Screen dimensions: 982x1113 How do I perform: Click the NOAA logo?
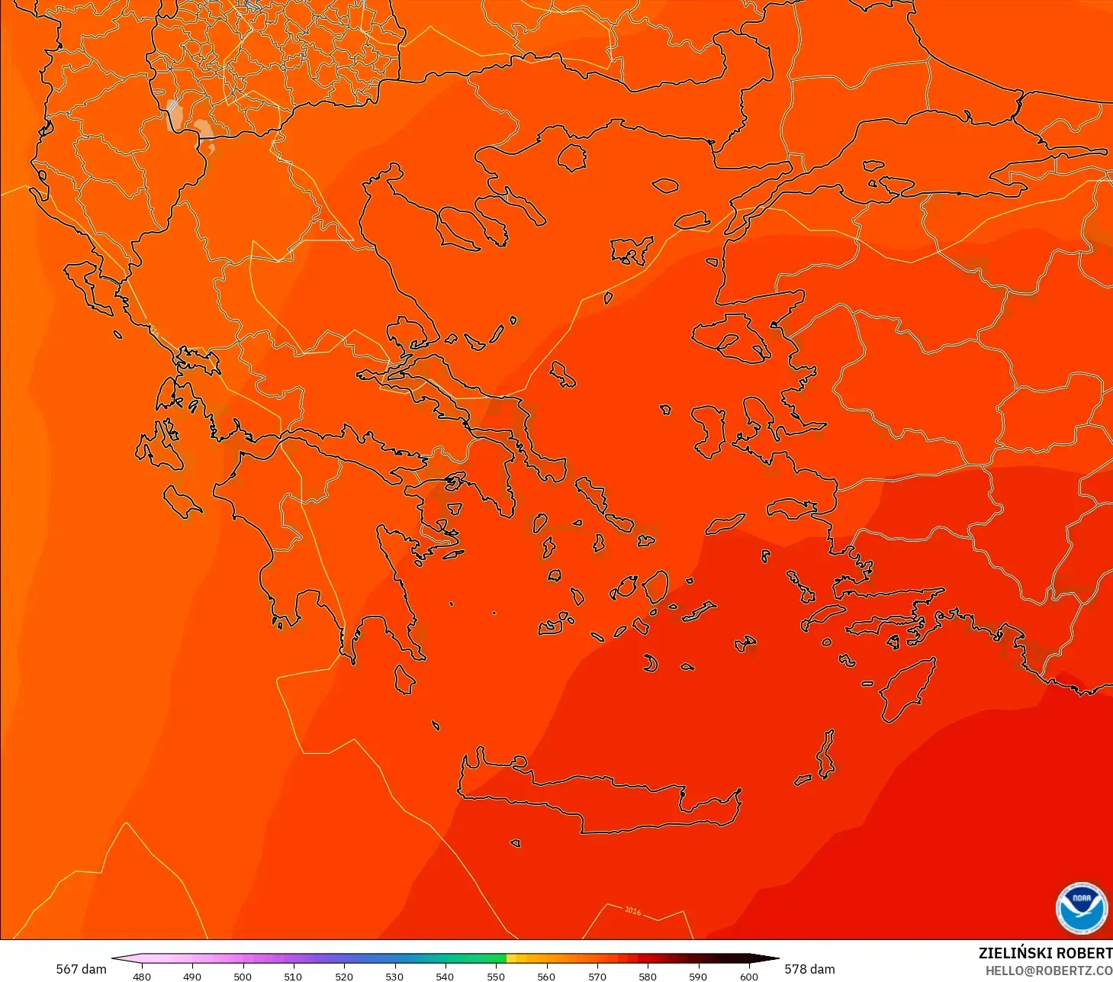(1082, 908)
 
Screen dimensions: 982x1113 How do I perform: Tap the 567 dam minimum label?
(81, 969)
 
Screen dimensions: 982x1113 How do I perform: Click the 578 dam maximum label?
(809, 969)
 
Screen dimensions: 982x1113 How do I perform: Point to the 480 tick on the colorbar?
(142, 976)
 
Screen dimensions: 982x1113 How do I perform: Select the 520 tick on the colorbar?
(344, 976)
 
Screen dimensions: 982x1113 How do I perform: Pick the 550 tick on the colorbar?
(496, 976)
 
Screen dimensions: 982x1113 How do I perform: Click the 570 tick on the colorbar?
(597, 976)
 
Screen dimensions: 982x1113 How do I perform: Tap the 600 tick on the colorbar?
(749, 976)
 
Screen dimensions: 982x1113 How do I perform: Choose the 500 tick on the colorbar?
(243, 976)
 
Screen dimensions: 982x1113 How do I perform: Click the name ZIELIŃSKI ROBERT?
(1045, 953)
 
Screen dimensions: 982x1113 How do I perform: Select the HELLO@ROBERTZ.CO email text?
(1048, 971)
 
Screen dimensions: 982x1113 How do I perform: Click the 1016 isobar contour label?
(632, 910)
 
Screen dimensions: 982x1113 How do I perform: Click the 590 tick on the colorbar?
(698, 976)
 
